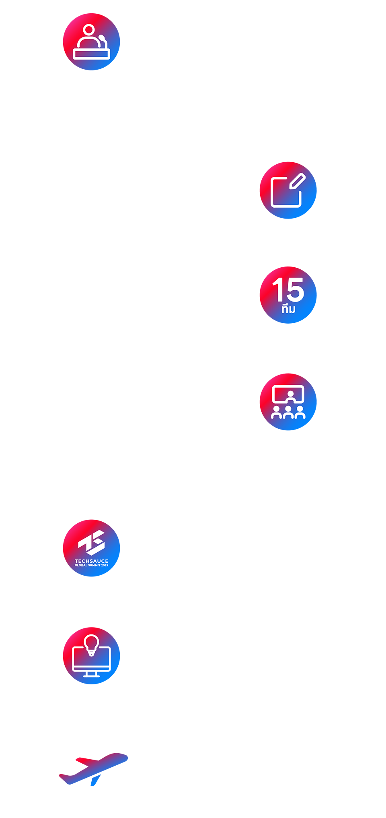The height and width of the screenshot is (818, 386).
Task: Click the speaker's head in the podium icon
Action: pyautogui.click(x=89, y=30)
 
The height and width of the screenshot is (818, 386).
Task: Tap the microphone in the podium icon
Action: pyautogui.click(x=102, y=39)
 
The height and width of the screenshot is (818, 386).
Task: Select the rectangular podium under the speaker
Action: pyautogui.click(x=91, y=54)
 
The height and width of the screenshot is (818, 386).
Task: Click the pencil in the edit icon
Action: pyautogui.click(x=298, y=181)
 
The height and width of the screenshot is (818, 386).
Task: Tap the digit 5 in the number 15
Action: pyautogui.click(x=296, y=290)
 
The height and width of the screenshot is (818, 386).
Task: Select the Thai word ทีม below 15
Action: pyautogui.click(x=289, y=309)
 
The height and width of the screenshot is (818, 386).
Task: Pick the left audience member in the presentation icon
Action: pyautogui.click(x=276, y=413)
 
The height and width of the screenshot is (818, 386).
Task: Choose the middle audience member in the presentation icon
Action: pyautogui.click(x=288, y=413)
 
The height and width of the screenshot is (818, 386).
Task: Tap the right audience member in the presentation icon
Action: pyautogui.click(x=300, y=413)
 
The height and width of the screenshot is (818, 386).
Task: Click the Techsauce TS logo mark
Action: pyautogui.click(x=92, y=542)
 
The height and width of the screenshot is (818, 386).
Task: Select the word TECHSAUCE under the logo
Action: pyautogui.click(x=91, y=561)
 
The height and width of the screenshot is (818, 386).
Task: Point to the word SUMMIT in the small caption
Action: pyautogui.click(x=94, y=566)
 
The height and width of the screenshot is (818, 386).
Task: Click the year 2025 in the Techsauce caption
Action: pyautogui.click(x=105, y=566)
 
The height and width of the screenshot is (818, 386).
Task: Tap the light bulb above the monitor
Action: pyautogui.click(x=91, y=643)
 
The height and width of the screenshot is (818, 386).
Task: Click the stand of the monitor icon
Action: pyautogui.click(x=91, y=675)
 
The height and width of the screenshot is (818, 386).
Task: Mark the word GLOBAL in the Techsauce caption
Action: pyautogui.click(x=81, y=566)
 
